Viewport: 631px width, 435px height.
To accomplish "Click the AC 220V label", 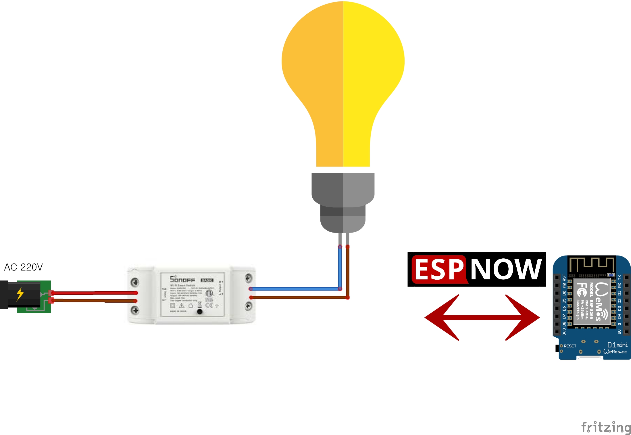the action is coord(23,267).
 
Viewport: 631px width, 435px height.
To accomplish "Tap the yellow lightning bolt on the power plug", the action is coord(20,294).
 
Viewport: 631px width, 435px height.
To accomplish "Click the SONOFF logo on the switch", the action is coord(182,279).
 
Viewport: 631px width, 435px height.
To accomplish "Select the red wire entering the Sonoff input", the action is coord(95,293).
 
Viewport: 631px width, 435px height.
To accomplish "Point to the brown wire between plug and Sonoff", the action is coord(95,300).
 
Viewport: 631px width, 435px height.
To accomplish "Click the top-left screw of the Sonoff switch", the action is coord(135,282).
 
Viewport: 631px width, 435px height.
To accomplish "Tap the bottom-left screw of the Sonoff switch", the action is coord(135,310).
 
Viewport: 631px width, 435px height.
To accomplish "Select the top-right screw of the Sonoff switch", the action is coord(249,278).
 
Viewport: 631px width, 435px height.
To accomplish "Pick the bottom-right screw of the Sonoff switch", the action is coord(249,306).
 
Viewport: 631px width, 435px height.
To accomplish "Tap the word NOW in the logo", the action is coord(506,270).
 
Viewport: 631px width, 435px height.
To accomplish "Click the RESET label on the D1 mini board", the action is coord(570,346).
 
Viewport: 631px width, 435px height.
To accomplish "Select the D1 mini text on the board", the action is coord(617,345).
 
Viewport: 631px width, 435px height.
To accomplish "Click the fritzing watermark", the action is coord(606,427).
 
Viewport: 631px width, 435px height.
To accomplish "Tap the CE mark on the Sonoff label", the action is coord(209,305).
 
